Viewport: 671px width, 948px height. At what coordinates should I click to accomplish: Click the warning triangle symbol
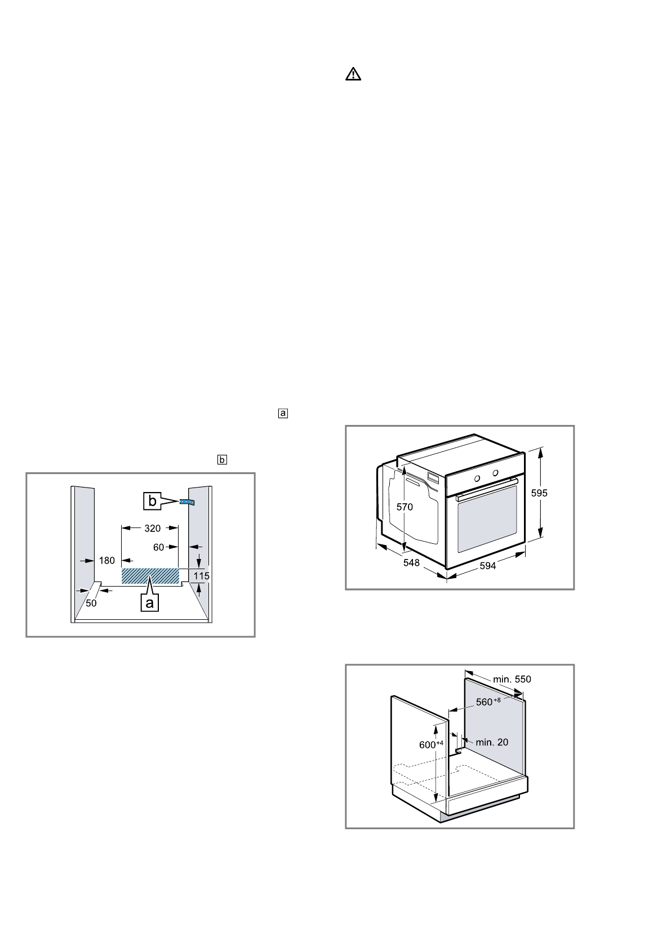coord(353,74)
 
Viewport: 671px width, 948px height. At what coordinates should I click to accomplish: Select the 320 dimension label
coord(152,528)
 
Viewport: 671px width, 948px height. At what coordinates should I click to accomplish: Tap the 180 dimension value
coord(107,560)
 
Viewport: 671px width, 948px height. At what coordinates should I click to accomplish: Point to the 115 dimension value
coord(201,576)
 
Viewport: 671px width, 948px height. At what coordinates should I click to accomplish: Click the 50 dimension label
coord(91,602)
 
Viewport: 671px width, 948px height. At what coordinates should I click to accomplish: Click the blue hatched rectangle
coord(150,576)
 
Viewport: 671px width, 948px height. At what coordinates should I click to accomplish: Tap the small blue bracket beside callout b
coord(187,502)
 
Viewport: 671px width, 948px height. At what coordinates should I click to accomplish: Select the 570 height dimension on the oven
coord(404,507)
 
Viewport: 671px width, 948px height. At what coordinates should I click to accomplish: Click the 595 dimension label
coord(539,493)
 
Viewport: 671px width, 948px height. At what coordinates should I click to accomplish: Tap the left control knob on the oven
coord(477,478)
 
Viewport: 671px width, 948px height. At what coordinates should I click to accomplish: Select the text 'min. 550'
coord(512,679)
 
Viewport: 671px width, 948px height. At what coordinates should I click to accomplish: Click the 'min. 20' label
coord(492,742)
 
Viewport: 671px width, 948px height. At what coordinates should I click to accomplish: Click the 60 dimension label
coord(159,547)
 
